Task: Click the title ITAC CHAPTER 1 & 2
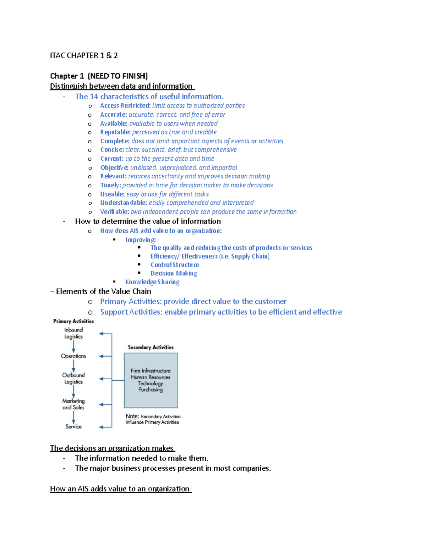point(84,55)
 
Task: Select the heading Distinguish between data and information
point(121,86)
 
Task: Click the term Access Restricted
point(125,105)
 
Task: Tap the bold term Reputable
point(115,132)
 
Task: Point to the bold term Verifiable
point(114,212)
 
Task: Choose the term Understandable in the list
point(124,203)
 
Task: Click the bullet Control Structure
point(175,265)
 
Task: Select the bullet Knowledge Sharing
point(152,282)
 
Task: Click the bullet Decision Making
point(174,273)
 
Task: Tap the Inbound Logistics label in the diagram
point(73,333)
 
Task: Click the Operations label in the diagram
point(73,356)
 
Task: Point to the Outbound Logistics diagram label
point(73,378)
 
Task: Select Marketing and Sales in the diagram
point(73,404)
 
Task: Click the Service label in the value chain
point(73,426)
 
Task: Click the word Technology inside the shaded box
point(151,383)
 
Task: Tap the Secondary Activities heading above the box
point(151,347)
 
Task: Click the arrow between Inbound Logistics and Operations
point(73,346)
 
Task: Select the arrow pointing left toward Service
point(105,427)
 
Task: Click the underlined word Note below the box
point(132,416)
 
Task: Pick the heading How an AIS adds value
point(120,489)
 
